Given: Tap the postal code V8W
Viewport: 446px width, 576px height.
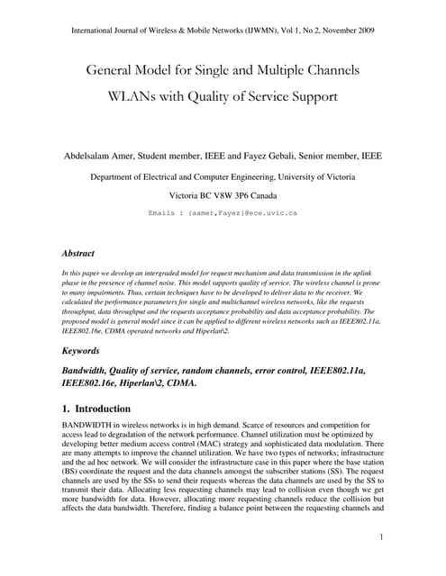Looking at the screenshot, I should point(221,194).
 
